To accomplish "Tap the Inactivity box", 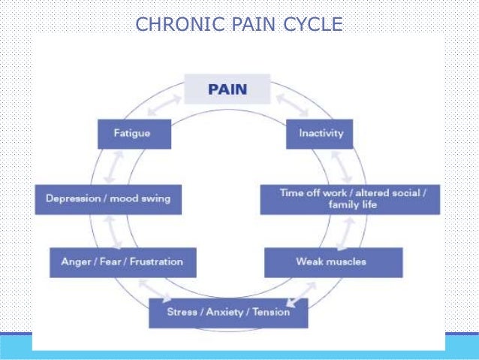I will tap(321, 133).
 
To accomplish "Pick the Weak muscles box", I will tap(333, 262).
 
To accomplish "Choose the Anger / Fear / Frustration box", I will tap(122, 262).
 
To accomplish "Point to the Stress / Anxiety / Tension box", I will tap(228, 312).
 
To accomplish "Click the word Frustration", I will tap(156, 262).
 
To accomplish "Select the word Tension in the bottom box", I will tap(271, 312).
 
